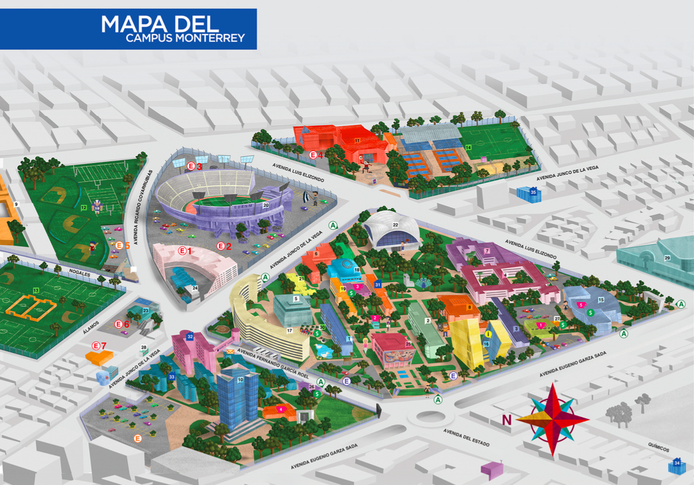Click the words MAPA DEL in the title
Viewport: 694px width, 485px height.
[160, 24]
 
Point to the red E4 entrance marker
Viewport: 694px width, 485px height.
[316, 155]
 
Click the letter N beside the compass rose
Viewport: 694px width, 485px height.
[507, 420]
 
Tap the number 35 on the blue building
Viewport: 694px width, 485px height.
[534, 192]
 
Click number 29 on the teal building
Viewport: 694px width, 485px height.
[667, 258]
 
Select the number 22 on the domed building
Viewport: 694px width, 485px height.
[396, 225]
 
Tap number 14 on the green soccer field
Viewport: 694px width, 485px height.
[468, 147]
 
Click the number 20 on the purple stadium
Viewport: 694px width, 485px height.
[266, 205]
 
